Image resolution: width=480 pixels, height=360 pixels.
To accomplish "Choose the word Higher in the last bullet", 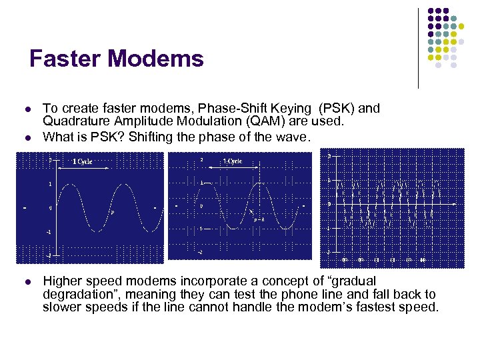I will (x=63, y=281).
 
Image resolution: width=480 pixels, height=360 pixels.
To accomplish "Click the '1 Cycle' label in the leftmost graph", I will (x=83, y=161).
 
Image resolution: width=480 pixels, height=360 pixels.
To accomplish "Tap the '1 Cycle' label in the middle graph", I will (x=233, y=161).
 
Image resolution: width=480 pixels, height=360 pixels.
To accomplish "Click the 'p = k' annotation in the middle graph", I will (x=258, y=218).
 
